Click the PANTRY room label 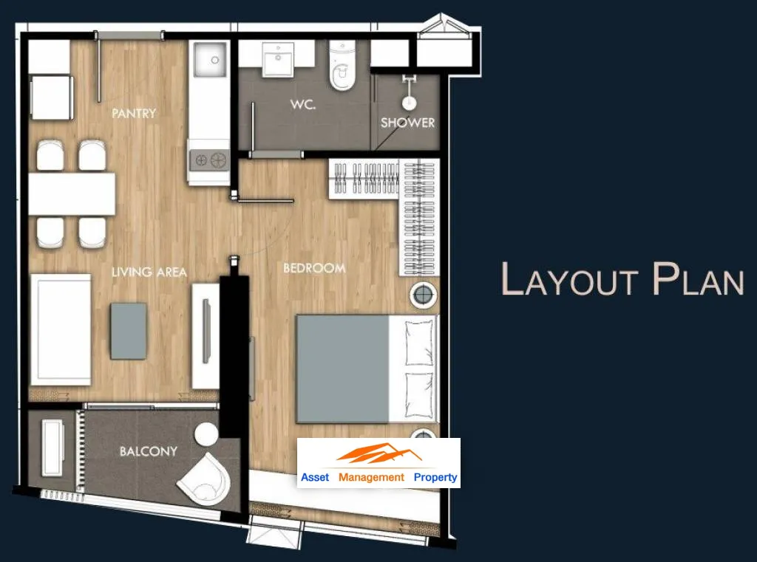point(134,114)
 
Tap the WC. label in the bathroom point(303,104)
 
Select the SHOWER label point(407,123)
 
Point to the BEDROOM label point(314,268)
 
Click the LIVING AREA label point(149,272)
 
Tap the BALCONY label point(148,451)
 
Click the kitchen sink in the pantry point(210,59)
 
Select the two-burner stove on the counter point(209,160)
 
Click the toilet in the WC point(342,66)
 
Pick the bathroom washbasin point(278,59)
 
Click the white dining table point(72,194)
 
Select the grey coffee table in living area point(129,331)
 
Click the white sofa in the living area point(61,330)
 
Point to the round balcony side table point(206,434)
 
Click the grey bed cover point(342,369)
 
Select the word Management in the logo point(371,478)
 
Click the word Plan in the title point(698,279)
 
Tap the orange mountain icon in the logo point(379,454)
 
